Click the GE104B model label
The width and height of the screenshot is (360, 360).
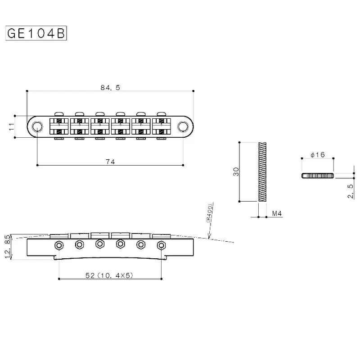click(x=36, y=34)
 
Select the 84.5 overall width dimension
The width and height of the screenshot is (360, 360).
click(x=110, y=88)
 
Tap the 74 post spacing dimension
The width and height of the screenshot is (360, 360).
click(x=110, y=162)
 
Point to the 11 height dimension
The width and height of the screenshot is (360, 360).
click(x=12, y=126)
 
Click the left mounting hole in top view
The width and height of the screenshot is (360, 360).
click(x=36, y=126)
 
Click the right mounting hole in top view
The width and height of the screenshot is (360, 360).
click(x=184, y=126)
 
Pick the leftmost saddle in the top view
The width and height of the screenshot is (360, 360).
click(x=58, y=126)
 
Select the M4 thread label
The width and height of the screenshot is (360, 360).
click(x=276, y=214)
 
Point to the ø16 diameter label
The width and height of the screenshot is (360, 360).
click(x=317, y=155)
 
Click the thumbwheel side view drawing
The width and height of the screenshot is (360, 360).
click(x=317, y=175)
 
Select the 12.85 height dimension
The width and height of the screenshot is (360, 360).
click(x=7, y=247)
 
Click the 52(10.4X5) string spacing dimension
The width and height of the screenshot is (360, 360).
click(x=110, y=275)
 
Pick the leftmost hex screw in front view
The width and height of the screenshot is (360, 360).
click(x=58, y=245)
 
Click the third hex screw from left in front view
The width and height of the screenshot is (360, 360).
click(x=99, y=244)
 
